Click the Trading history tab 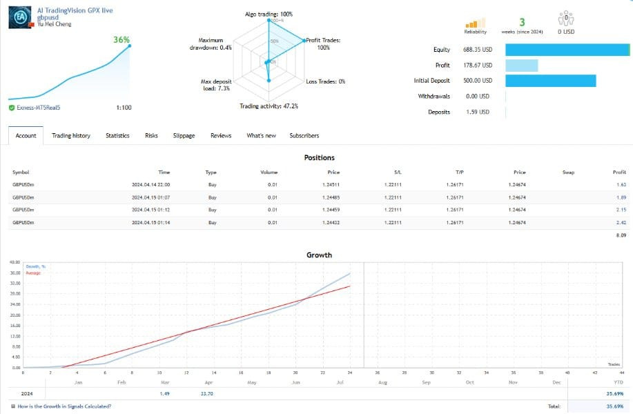coord(70,136)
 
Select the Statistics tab coord(117,136)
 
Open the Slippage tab coord(184,136)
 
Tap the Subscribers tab coord(304,136)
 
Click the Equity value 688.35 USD coord(477,50)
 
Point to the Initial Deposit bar coord(550,81)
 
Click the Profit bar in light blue coord(521,66)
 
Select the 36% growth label coord(121,40)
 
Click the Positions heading coord(319,158)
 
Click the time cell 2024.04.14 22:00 coord(150,185)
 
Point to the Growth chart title coord(319,255)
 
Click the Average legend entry coord(33,273)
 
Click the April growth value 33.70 coord(205,393)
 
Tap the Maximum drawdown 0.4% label coord(211,44)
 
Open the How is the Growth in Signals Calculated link coord(64,406)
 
